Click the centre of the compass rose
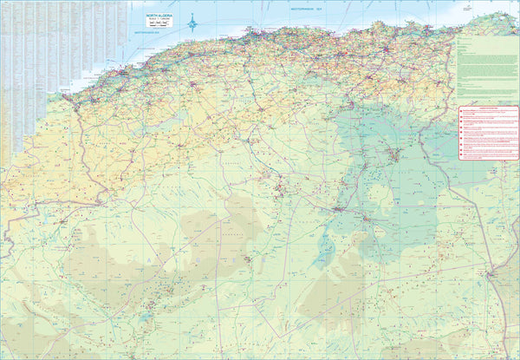click(193, 23)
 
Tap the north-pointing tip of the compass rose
click(193, 16)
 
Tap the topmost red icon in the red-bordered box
click(461, 115)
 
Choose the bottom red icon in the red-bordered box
click(461, 157)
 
